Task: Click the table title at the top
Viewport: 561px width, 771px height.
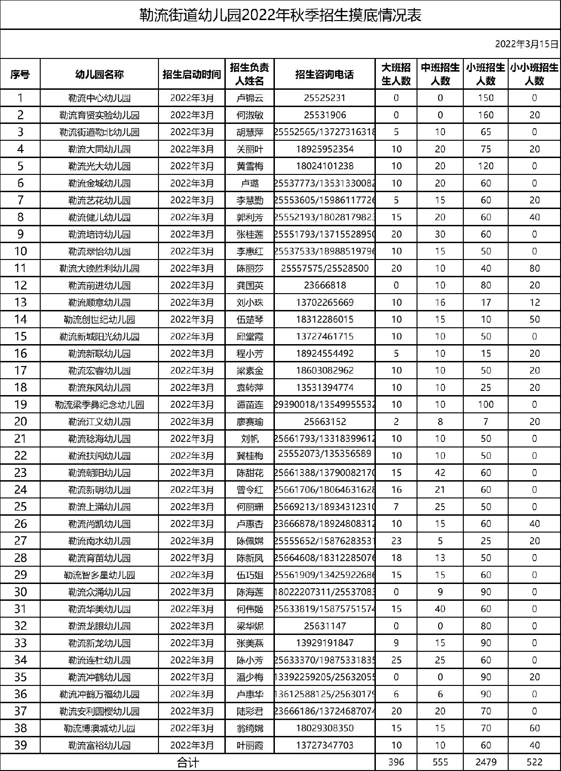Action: pyautogui.click(x=280, y=15)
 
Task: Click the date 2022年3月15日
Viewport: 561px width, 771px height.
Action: pyautogui.click(x=527, y=44)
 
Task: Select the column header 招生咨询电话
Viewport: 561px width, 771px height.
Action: pyautogui.click(x=324, y=74)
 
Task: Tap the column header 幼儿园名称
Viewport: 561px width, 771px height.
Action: pyautogui.click(x=99, y=74)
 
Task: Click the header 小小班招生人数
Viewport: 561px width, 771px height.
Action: pyautogui.click(x=534, y=74)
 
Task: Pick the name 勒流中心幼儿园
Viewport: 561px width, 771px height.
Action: pyautogui.click(x=99, y=98)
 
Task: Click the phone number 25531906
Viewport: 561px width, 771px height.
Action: pyautogui.click(x=324, y=115)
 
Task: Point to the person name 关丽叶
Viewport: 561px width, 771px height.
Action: pyautogui.click(x=250, y=149)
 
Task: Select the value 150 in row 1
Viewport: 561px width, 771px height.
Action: pyautogui.click(x=486, y=98)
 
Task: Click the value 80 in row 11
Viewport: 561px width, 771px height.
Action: pyautogui.click(x=534, y=268)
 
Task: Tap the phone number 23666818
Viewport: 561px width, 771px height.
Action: pyautogui.click(x=324, y=285)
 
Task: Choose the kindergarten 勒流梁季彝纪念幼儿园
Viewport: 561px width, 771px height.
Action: pyautogui.click(x=99, y=404)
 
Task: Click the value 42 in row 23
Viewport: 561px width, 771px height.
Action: pyautogui.click(x=440, y=473)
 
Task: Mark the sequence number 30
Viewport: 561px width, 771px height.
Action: pyautogui.click(x=21, y=592)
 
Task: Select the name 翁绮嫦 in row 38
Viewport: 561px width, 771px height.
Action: pyautogui.click(x=250, y=728)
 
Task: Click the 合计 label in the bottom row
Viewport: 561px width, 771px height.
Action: pyautogui.click(x=188, y=763)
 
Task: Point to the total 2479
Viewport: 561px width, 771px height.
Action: pyautogui.click(x=486, y=763)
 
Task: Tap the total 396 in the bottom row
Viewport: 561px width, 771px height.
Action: pyautogui.click(x=396, y=763)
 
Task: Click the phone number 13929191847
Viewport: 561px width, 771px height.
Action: pyautogui.click(x=324, y=643)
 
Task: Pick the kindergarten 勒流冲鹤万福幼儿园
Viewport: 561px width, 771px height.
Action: pyautogui.click(x=99, y=694)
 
